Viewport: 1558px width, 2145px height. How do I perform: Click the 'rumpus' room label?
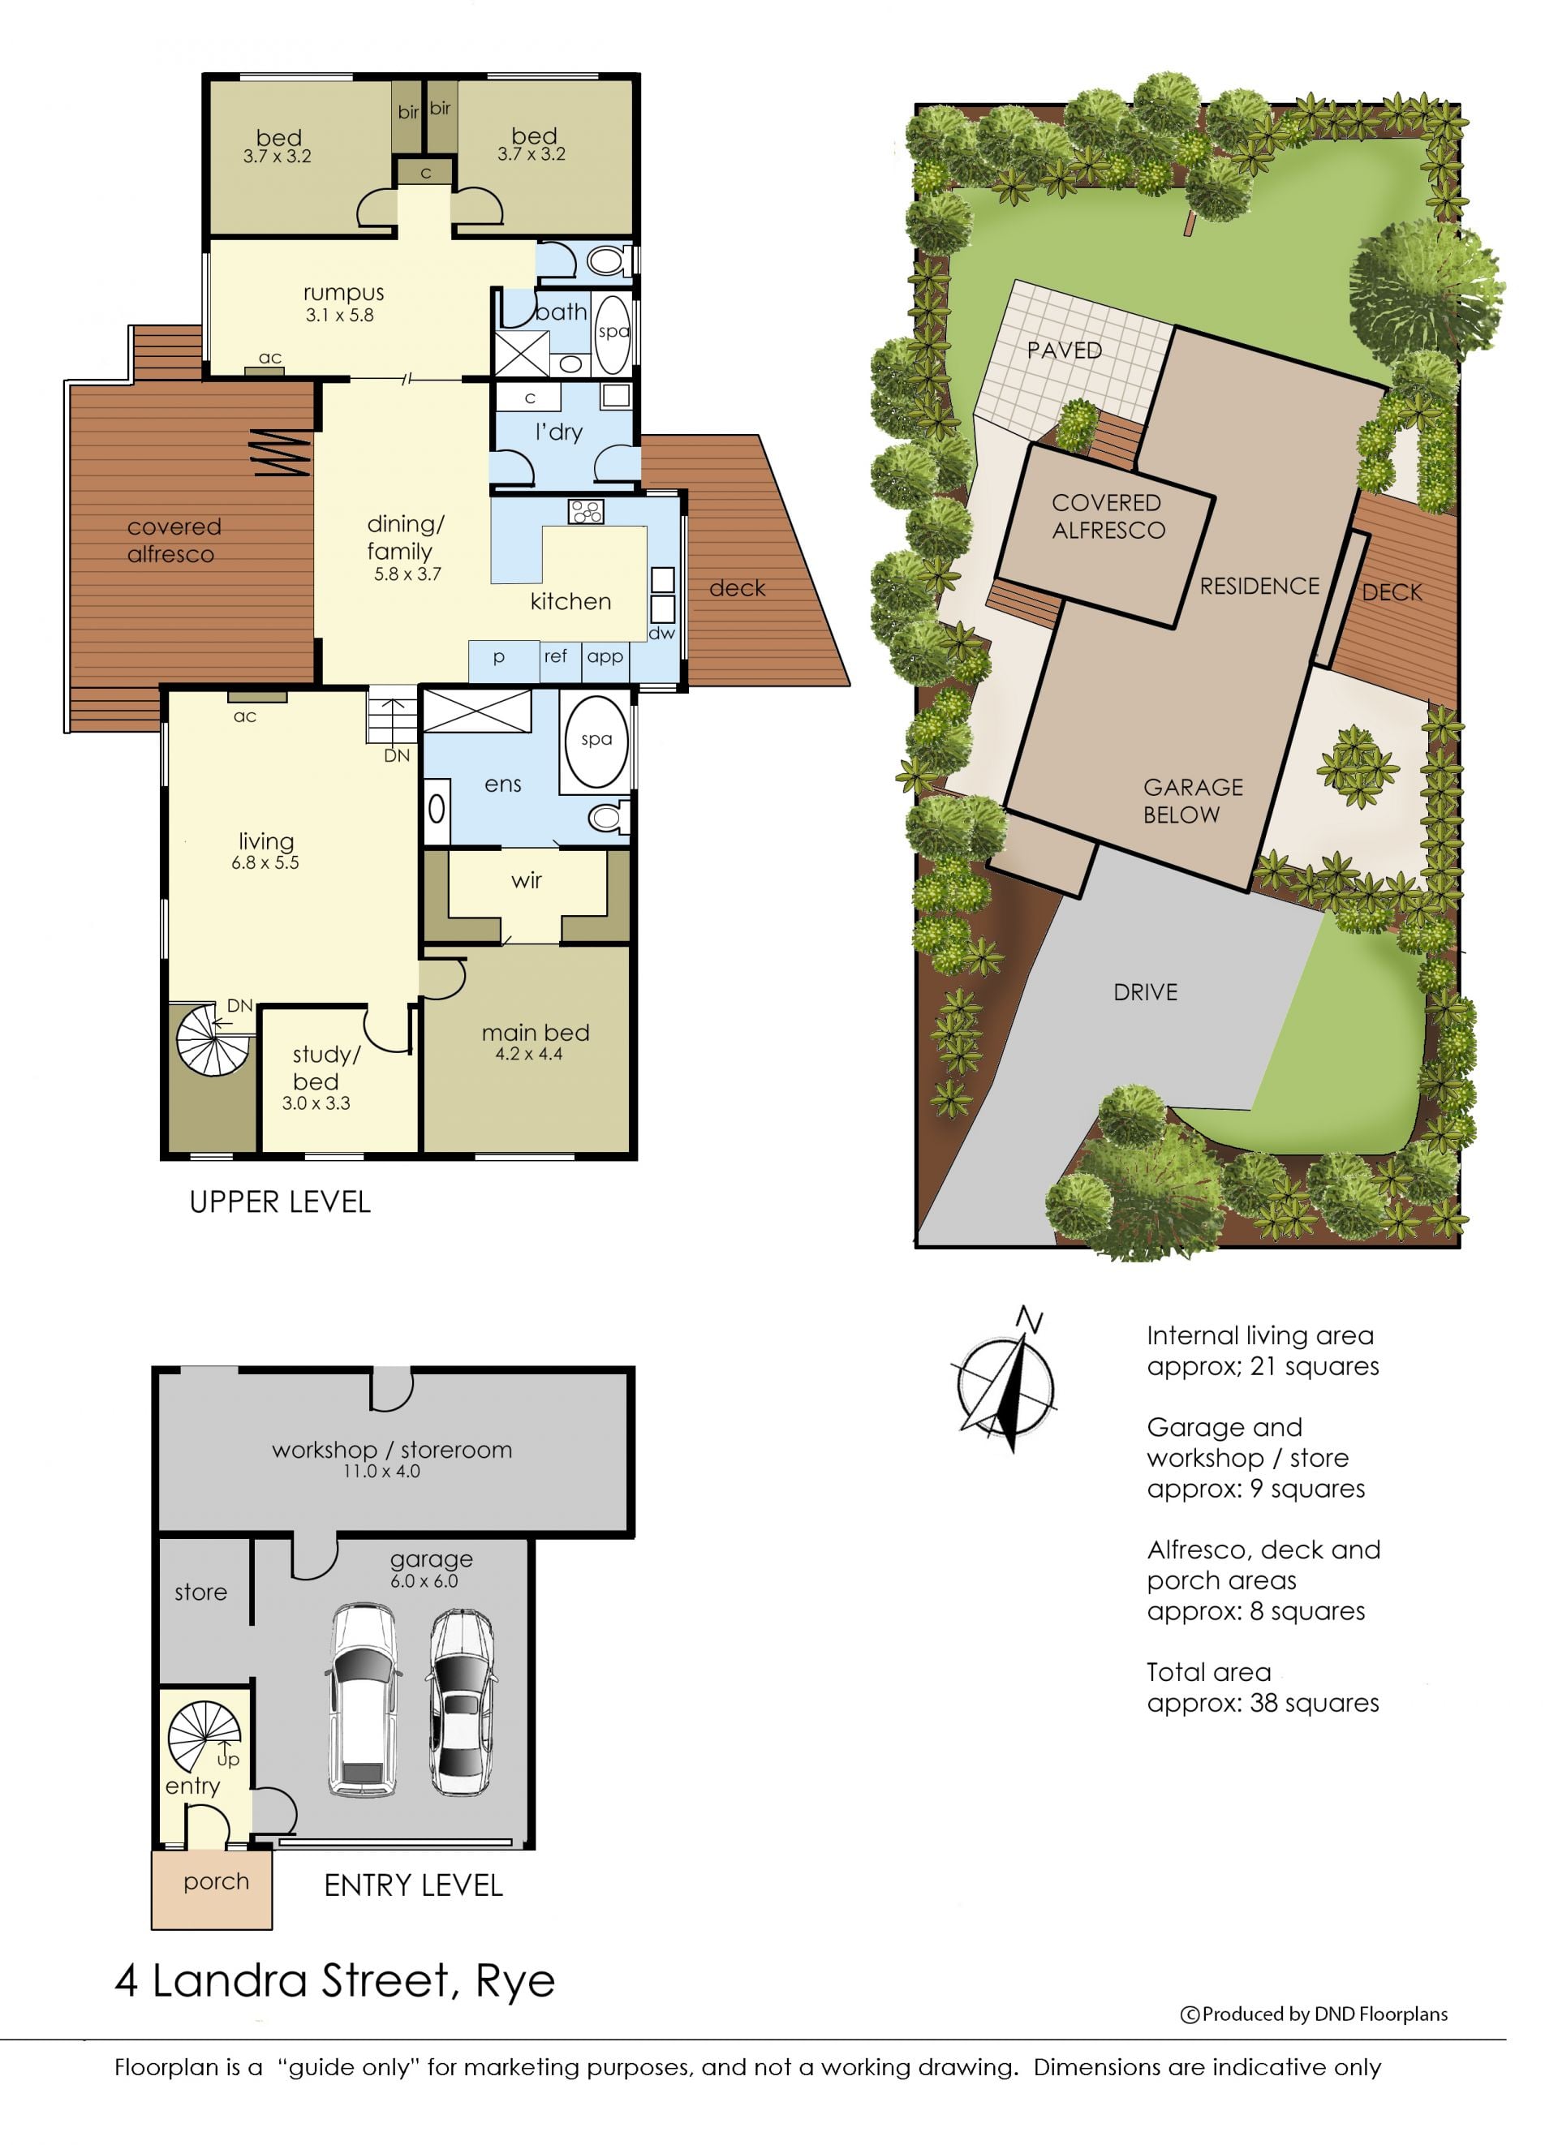tap(342, 292)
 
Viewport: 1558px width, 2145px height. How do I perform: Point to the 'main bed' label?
tap(535, 1032)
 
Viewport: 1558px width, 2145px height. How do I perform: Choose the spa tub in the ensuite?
tap(596, 741)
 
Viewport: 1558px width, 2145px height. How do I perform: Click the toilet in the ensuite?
tap(609, 815)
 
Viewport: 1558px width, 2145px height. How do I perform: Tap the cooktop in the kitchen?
tap(586, 512)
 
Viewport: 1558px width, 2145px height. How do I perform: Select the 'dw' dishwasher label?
tap(661, 633)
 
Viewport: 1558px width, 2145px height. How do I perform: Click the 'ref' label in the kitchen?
tap(555, 655)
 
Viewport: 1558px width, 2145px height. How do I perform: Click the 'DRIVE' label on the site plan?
tap(1146, 992)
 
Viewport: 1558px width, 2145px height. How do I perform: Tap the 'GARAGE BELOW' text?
tap(1193, 800)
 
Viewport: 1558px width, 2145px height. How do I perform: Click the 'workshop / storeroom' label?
tap(392, 1449)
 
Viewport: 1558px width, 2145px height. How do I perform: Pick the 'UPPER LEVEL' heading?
tap(280, 1201)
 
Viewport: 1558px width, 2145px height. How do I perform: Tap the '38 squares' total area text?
tap(1315, 1702)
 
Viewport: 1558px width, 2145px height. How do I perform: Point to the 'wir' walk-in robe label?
tap(526, 880)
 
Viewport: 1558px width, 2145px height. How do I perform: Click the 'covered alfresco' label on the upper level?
tap(174, 540)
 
